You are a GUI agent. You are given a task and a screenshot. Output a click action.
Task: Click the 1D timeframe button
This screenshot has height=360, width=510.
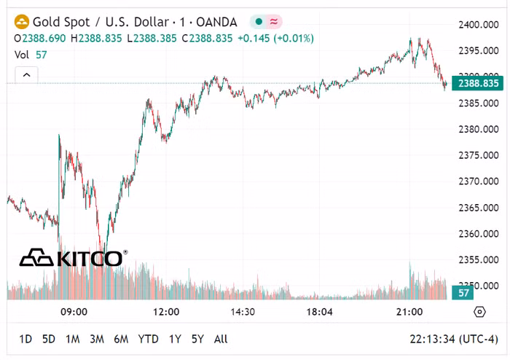pos(25,339)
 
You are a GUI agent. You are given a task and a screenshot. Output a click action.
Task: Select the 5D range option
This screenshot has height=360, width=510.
pos(49,339)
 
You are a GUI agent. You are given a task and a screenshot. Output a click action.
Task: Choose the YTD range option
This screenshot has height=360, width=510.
pos(149,339)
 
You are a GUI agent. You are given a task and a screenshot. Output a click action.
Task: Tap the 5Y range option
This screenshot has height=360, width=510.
pos(197,339)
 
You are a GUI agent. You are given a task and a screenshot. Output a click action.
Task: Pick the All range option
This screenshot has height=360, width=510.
pos(221,339)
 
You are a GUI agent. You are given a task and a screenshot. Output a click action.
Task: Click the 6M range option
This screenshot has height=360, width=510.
pos(121,339)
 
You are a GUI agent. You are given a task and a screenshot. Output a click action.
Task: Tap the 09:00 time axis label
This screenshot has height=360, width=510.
pos(74,312)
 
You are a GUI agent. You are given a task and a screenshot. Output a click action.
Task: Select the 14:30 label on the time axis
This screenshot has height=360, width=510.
pos(242,312)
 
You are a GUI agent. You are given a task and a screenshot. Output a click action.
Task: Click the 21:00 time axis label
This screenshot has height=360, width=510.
pos(409,312)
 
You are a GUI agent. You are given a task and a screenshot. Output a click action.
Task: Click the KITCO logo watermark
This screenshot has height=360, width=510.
pos(73,258)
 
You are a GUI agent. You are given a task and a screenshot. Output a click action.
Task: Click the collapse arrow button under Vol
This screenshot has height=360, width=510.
pos(26,74)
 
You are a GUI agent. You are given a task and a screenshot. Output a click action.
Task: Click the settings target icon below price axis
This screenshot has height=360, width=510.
pos(479,312)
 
